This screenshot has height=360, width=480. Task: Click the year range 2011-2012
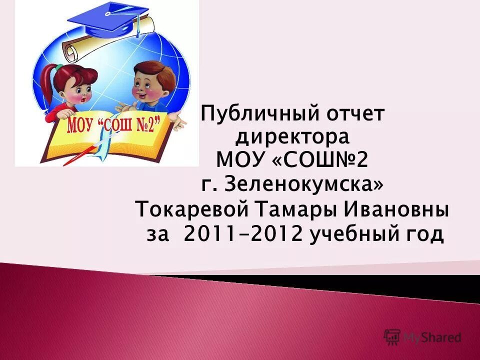[x=243, y=233]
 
